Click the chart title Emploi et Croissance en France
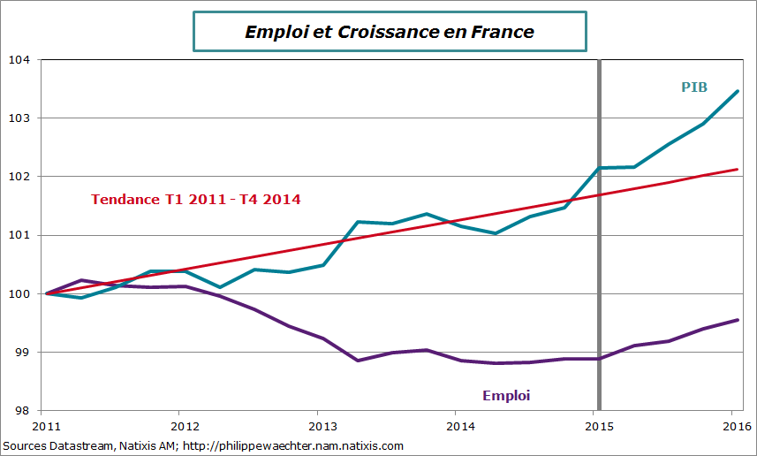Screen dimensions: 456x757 [x=389, y=32]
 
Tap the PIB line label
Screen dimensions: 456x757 [x=693, y=87]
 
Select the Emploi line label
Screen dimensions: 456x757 [x=506, y=394]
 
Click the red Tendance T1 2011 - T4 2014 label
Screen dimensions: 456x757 [x=195, y=200]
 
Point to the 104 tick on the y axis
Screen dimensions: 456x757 [x=19, y=60]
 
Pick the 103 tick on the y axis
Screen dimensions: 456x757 [x=19, y=118]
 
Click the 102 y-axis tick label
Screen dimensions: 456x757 [x=19, y=177]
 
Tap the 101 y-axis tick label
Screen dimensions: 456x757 [x=19, y=235]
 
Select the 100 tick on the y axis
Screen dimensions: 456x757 [x=19, y=293]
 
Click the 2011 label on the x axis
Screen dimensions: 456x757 [x=42, y=426]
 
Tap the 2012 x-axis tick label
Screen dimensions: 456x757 [x=179, y=426]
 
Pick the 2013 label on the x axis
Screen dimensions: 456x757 [x=317, y=426]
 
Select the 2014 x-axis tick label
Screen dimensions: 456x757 [x=455, y=426]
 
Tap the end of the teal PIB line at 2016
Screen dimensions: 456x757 [x=738, y=91]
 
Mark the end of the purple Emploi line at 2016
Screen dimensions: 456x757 [x=738, y=320]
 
